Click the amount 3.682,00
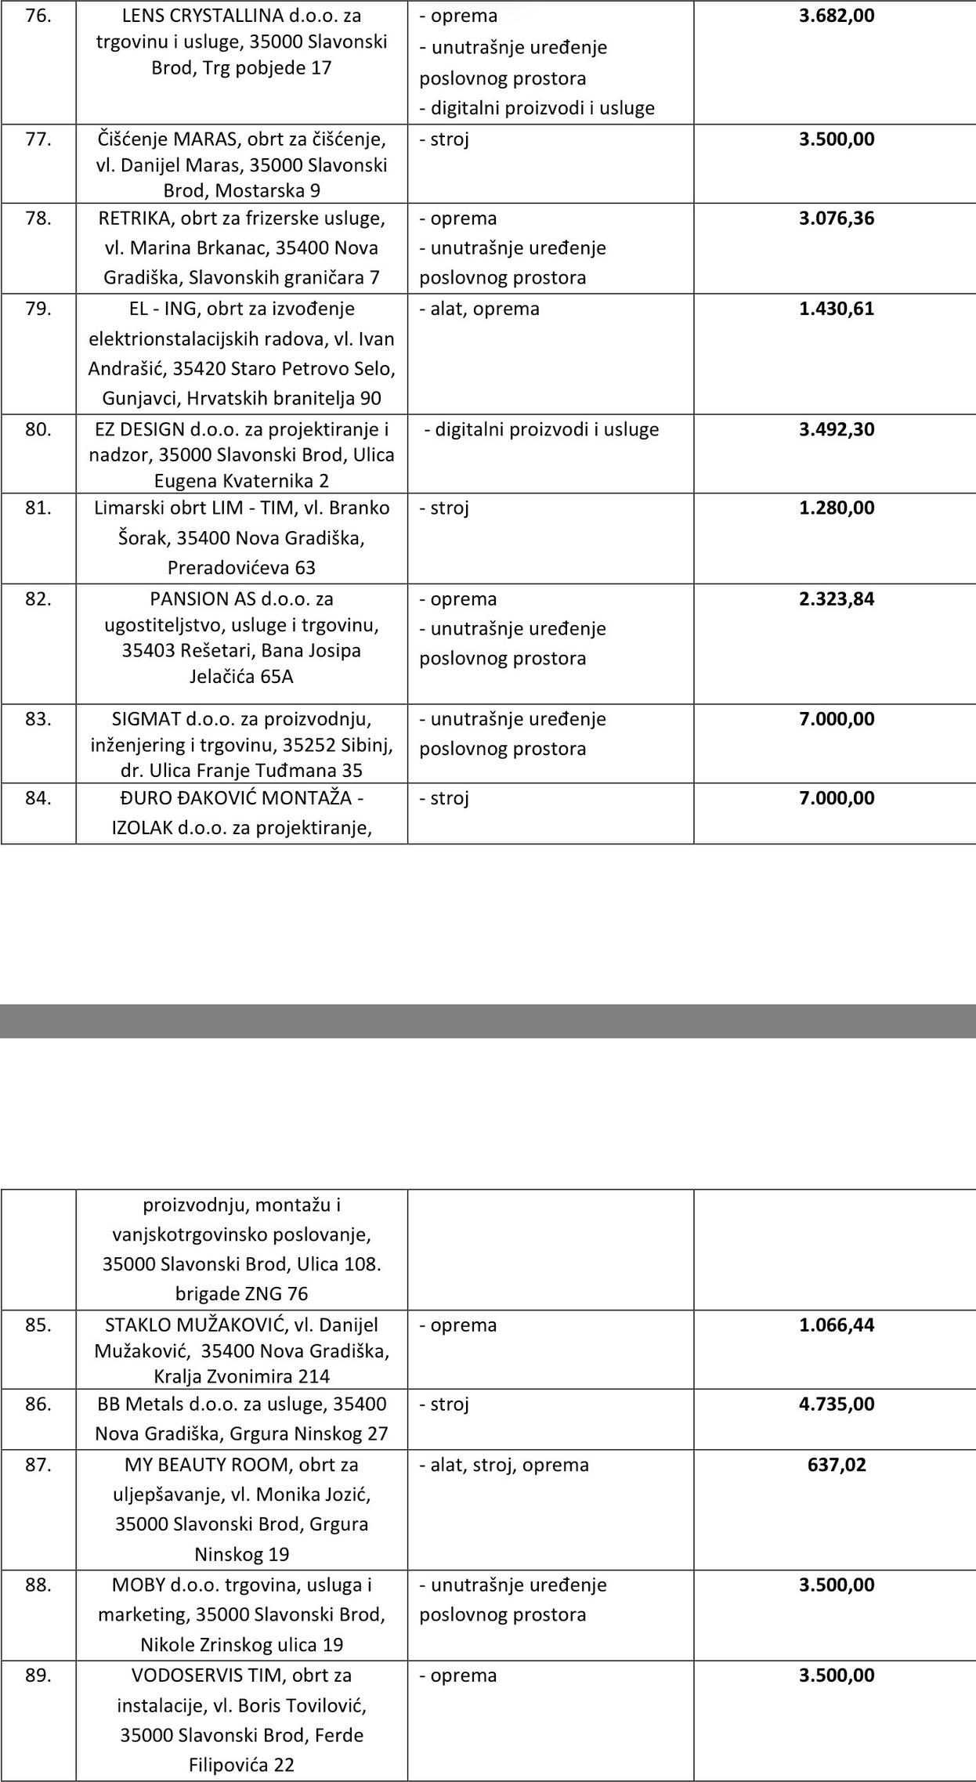(836, 16)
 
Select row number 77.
(38, 139)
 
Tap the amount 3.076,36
(836, 219)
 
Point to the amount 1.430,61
(836, 309)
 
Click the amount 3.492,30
(836, 429)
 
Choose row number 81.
(38, 508)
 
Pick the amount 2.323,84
(836, 599)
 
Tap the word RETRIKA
(130, 219)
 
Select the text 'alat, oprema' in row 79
(485, 309)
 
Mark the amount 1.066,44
(836, 1325)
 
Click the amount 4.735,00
(836, 1404)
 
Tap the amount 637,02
(837, 1465)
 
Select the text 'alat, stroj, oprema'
(509, 1465)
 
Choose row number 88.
(38, 1585)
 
